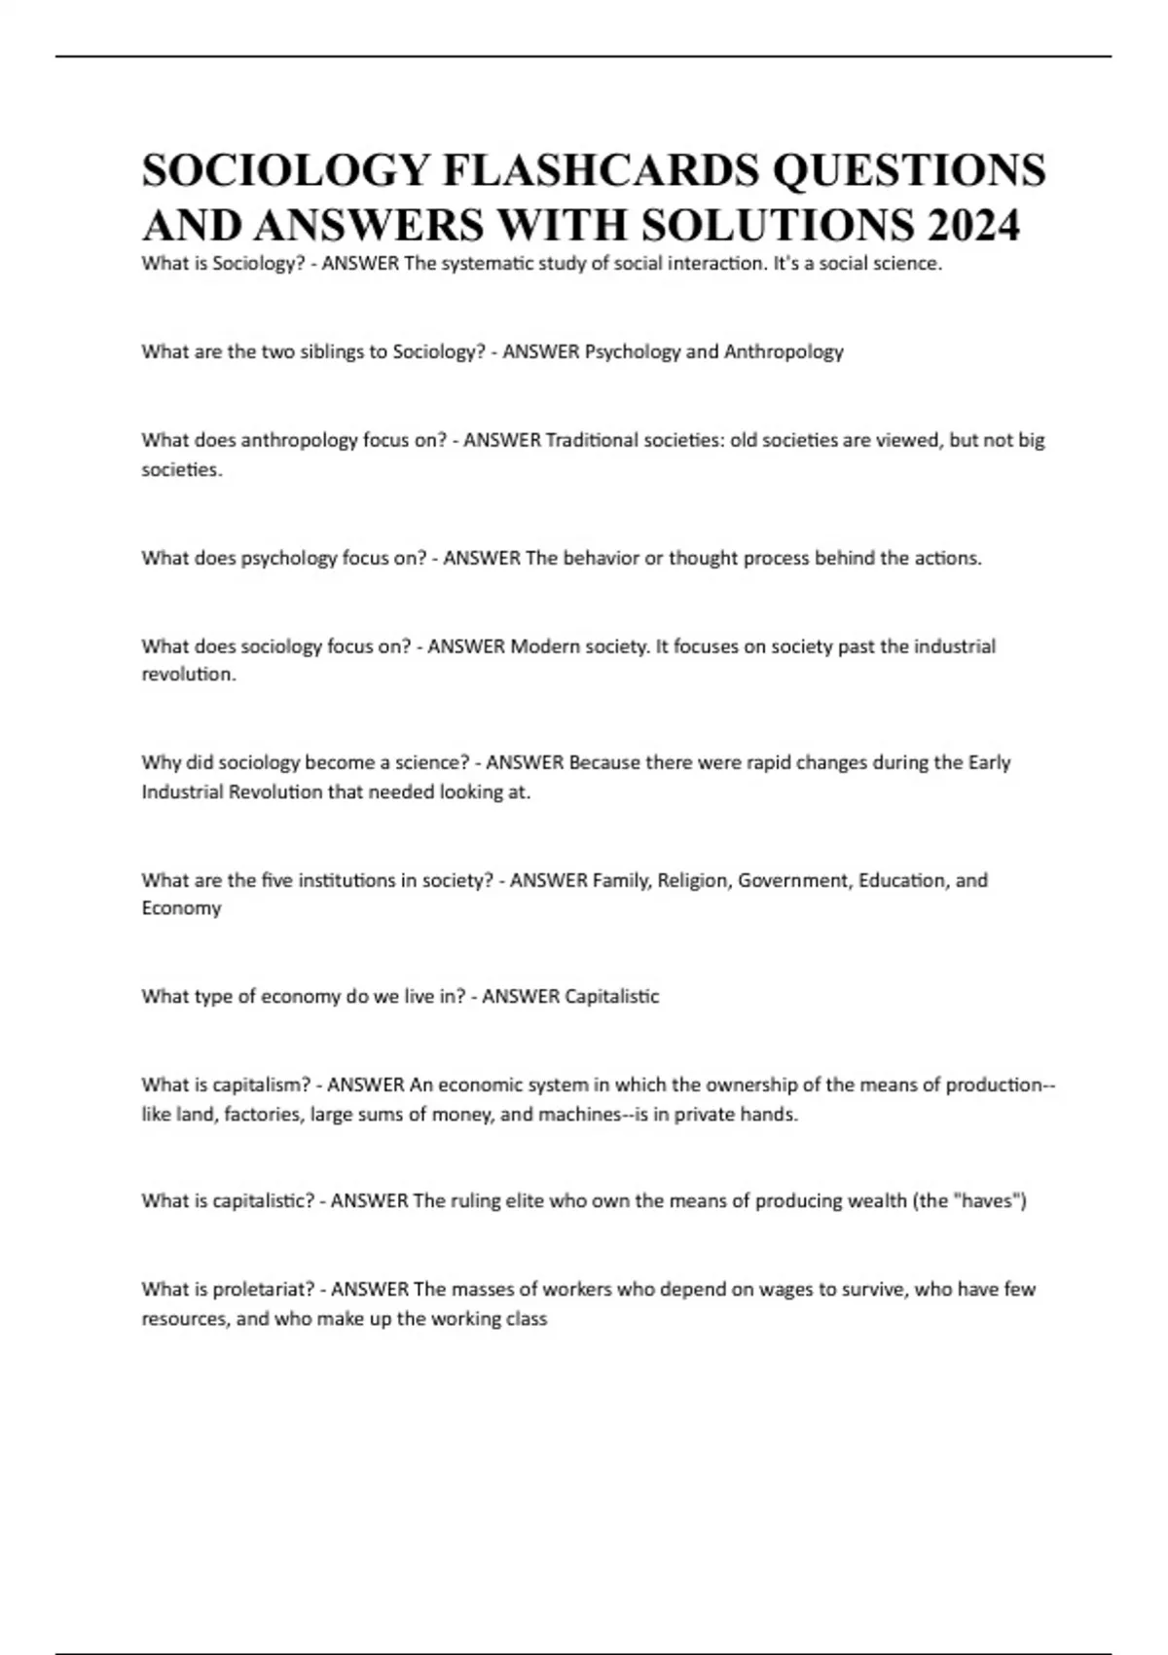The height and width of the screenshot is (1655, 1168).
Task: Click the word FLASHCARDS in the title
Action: (602, 170)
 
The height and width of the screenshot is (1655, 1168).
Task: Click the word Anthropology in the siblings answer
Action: (784, 351)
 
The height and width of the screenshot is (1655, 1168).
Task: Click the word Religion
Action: (693, 880)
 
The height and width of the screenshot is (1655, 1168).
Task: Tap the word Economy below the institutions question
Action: (181, 908)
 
